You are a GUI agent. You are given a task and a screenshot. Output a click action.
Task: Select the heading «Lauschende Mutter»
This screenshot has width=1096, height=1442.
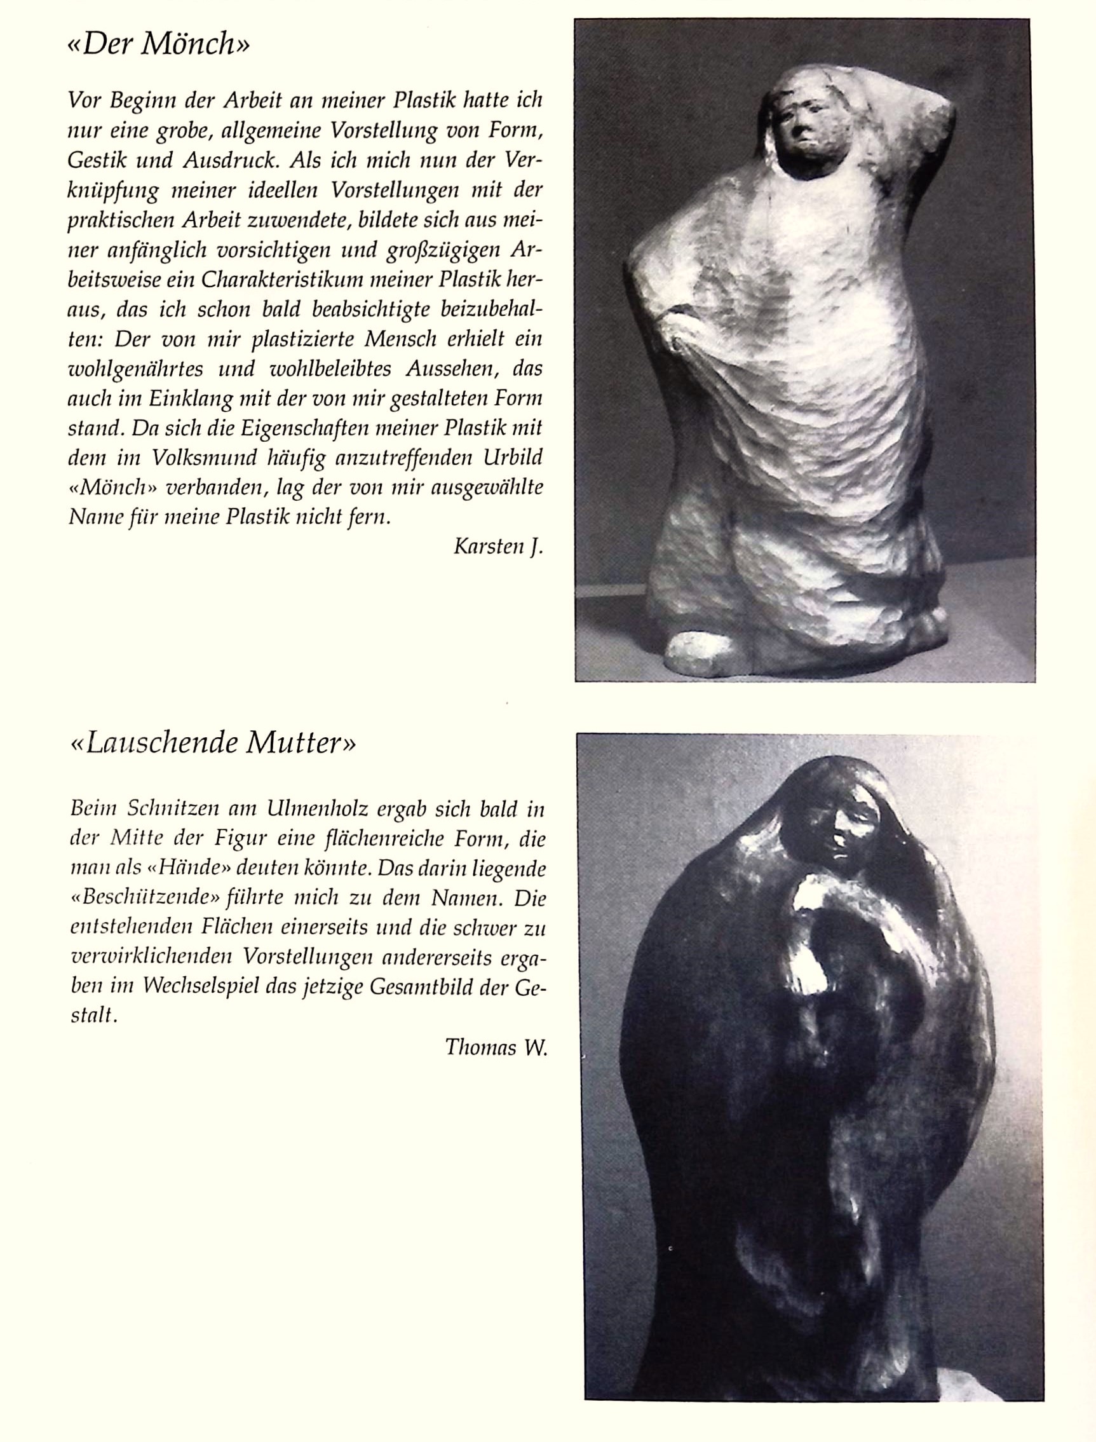coord(213,743)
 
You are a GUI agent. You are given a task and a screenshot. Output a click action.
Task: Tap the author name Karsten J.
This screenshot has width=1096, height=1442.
coord(497,547)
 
